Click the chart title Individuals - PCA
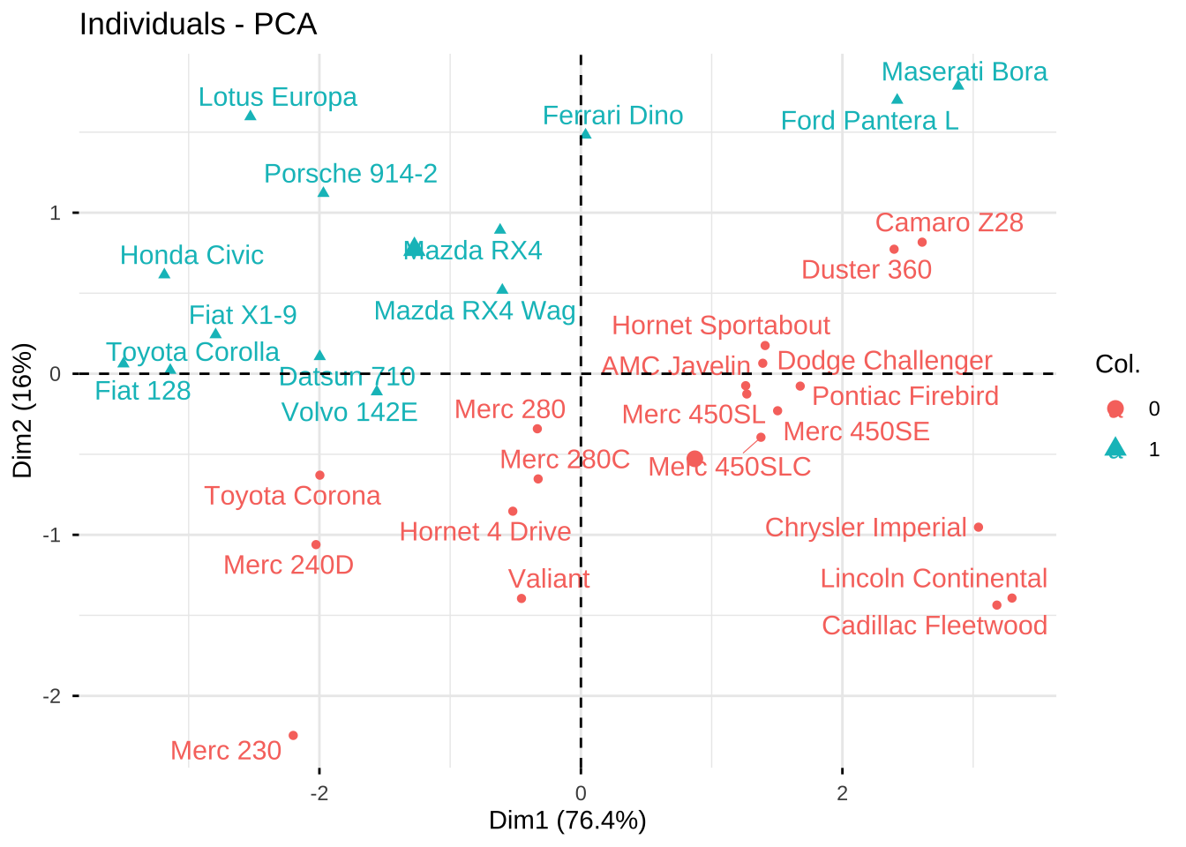coord(198,24)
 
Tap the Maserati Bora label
coord(964,71)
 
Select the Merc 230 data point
coord(293,735)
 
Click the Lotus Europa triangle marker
coord(251,116)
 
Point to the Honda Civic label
coord(191,255)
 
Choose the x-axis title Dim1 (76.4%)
coord(567,821)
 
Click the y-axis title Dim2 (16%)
coord(23,409)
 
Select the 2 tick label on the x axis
coord(842,793)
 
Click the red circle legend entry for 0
coord(1115,409)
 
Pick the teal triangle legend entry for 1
coord(1115,448)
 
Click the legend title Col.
coord(1117,364)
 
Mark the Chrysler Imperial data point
coord(978,528)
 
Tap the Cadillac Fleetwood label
coord(934,626)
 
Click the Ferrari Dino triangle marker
coord(586,134)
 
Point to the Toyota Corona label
coord(292,496)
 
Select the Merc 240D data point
coord(316,544)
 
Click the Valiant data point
coord(522,598)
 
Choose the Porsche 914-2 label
coord(350,174)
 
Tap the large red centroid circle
coord(694,459)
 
